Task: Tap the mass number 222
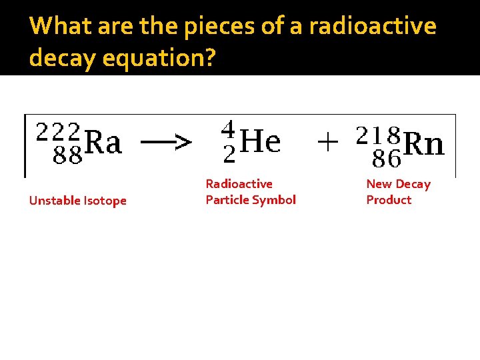(x=59, y=131)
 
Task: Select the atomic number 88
(x=67, y=157)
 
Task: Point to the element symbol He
(x=260, y=141)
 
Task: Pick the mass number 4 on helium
(x=228, y=128)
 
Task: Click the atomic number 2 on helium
(x=229, y=155)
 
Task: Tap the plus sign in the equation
(x=327, y=141)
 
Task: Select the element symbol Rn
(x=425, y=144)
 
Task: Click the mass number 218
(x=378, y=135)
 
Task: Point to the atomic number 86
(x=387, y=159)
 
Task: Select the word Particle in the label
(x=226, y=200)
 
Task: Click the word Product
(x=389, y=200)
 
